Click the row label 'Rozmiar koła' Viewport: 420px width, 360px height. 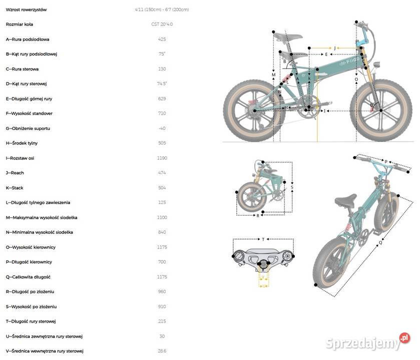coord(20,24)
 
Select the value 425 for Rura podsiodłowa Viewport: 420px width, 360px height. coord(162,39)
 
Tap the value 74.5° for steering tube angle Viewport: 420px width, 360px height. coord(162,83)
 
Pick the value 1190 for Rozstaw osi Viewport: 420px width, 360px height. coord(162,158)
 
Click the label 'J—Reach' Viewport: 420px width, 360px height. coord(15,173)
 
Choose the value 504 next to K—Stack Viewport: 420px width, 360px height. coord(162,188)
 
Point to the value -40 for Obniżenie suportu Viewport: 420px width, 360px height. coord(162,128)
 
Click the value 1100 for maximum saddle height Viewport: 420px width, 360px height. coord(162,217)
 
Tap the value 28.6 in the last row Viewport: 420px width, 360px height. coord(162,351)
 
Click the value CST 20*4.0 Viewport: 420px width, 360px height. coord(162,24)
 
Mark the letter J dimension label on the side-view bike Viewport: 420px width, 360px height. coord(335,48)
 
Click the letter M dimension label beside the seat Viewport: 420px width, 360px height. coord(273,75)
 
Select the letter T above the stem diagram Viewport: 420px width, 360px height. coord(263,240)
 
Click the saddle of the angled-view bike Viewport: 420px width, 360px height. coord(345,200)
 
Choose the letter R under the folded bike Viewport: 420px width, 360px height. coord(258,215)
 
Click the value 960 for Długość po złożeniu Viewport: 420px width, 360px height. coord(162,291)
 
